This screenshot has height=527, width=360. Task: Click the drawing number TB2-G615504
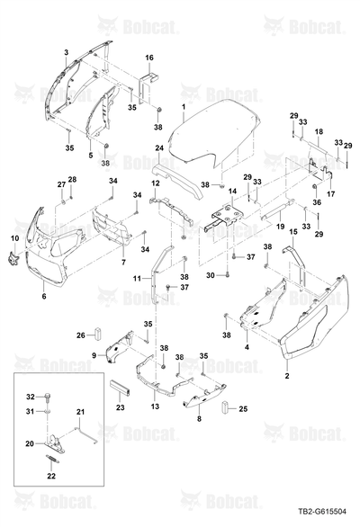point(321,512)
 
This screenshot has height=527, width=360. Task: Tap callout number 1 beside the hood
point(184,107)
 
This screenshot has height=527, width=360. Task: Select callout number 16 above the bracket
point(149,58)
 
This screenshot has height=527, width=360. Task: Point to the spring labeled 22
point(52,460)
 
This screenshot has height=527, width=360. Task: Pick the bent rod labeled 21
point(86,434)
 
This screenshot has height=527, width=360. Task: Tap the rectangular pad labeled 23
point(121,388)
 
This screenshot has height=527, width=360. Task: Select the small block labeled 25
point(225,407)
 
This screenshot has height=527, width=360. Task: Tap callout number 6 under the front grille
point(44,296)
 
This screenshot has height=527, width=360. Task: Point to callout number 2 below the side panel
point(287,376)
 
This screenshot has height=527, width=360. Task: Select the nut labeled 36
point(315,186)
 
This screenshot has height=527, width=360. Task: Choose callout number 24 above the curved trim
point(159,147)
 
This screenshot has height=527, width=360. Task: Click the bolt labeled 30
point(228,275)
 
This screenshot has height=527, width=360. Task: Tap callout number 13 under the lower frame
point(155,406)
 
